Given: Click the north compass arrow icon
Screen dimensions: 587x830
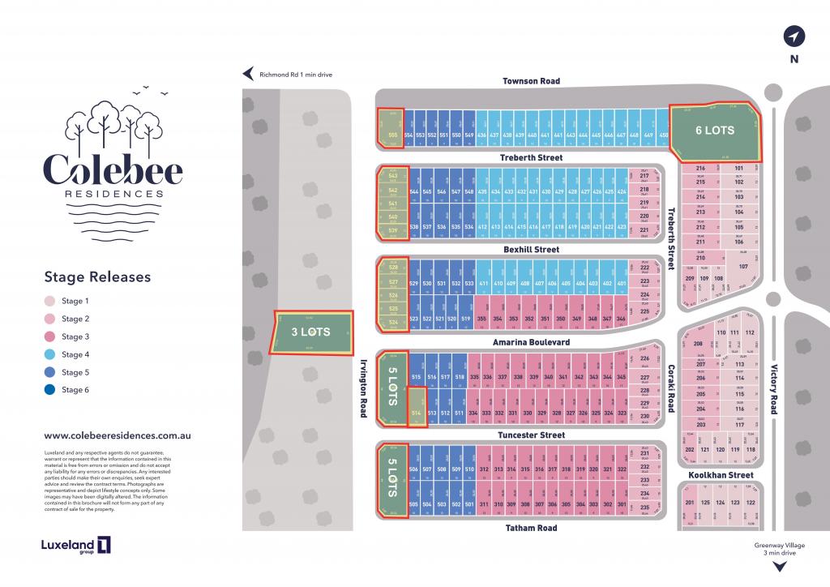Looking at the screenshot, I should coord(794,36).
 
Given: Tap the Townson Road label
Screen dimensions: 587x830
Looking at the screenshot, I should coord(531,81).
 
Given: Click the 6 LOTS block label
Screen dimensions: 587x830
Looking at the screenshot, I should coord(715,130).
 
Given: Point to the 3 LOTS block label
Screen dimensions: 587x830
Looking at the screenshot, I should coord(311,332).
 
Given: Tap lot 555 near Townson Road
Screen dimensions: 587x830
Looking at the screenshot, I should coord(393,135).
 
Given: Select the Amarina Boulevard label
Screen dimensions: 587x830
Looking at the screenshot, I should coord(531,343).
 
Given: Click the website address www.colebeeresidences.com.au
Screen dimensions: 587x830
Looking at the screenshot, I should coord(117,435).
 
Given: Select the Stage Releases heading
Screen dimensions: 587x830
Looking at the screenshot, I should coord(97,276).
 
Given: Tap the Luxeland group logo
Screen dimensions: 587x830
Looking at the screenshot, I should coord(76,546).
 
